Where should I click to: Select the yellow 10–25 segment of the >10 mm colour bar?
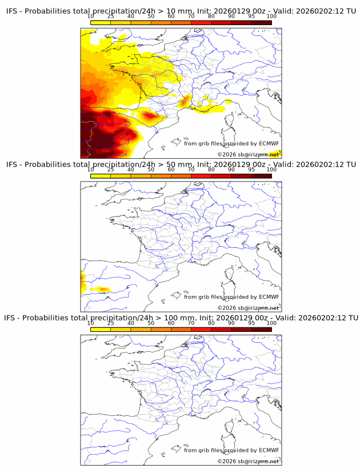click(101, 22)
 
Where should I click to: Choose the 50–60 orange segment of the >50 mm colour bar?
click(161, 175)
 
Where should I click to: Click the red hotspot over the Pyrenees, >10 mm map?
click(150, 116)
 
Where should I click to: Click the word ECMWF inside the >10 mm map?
click(269, 143)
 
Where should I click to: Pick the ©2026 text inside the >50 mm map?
click(224, 308)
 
